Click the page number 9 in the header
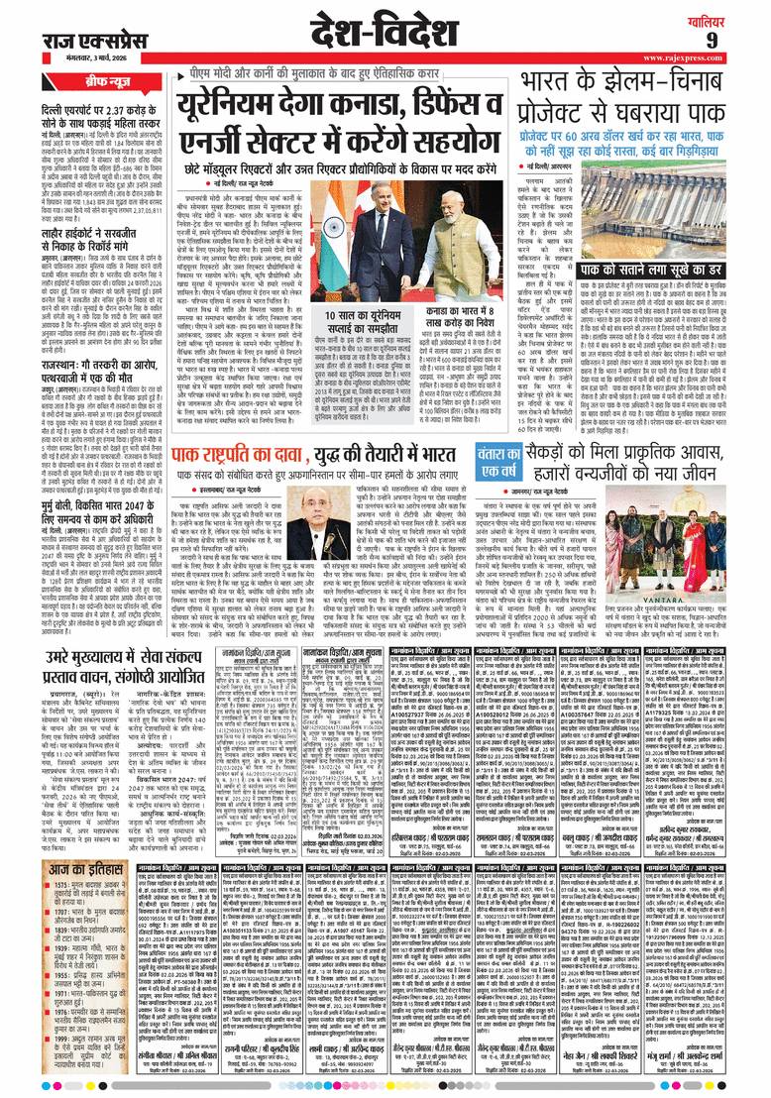tap(740, 38)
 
